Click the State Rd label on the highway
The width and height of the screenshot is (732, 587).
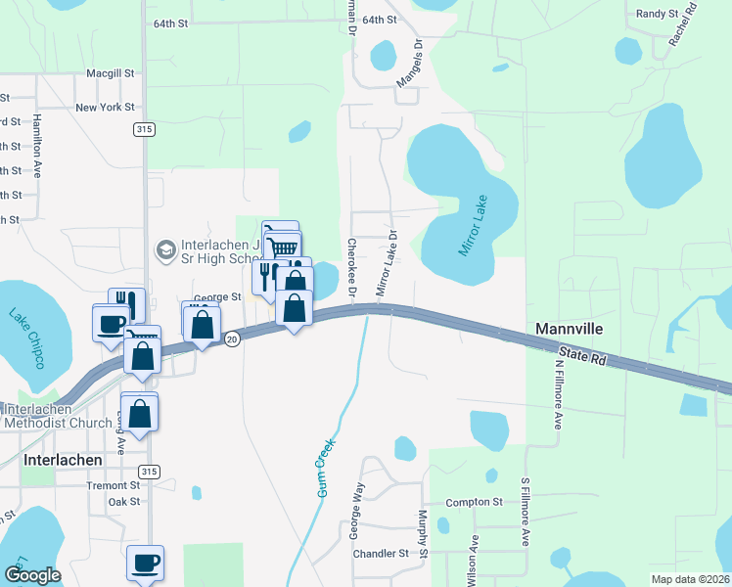pyautogui.click(x=584, y=354)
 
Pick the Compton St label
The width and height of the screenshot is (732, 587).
pyautogui.click(x=474, y=502)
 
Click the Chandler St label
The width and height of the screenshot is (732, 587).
pyautogui.click(x=380, y=554)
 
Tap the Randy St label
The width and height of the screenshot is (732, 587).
pyautogui.click(x=657, y=14)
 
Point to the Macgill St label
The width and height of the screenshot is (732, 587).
pyautogui.click(x=110, y=73)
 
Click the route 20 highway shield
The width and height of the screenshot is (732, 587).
pyautogui.click(x=231, y=339)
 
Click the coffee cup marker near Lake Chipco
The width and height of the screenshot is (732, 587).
pyautogui.click(x=111, y=322)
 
